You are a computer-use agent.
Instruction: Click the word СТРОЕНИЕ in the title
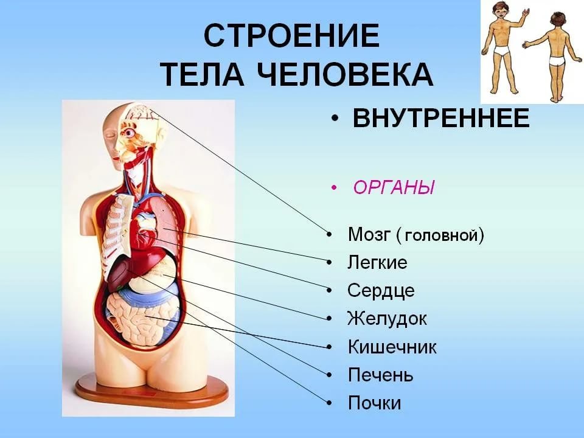point(292,35)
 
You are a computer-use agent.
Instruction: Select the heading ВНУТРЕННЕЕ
point(441,118)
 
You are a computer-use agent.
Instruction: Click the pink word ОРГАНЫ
point(394,187)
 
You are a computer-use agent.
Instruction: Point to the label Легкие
point(377,263)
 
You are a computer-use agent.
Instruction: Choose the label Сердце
point(381,291)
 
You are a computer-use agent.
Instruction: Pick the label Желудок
point(387,319)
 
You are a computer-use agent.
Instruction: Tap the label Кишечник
point(392,347)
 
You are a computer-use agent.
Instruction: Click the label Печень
point(381,375)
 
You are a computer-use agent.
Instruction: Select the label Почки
point(374,403)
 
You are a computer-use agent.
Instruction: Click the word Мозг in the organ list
point(369,234)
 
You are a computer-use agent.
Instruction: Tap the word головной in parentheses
point(441,235)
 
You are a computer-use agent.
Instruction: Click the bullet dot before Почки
point(329,403)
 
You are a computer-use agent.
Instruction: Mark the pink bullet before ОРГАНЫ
point(334,187)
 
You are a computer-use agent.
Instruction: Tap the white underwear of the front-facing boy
point(503,50)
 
